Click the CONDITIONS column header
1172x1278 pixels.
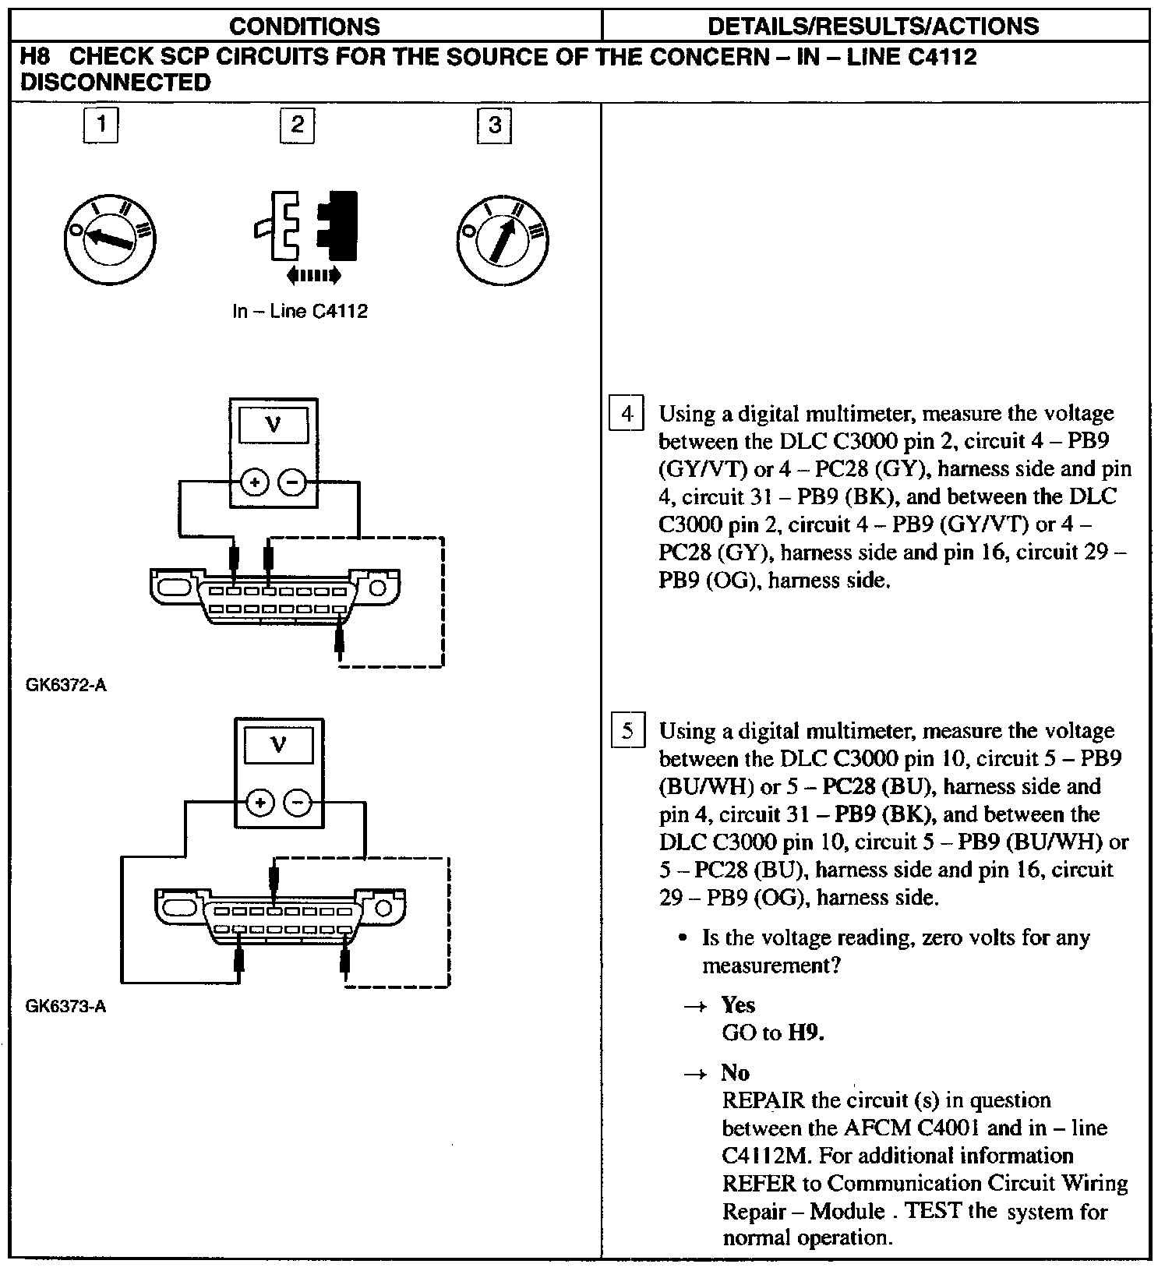coord(305,26)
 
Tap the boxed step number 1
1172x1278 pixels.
coord(101,125)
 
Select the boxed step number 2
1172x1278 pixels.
coord(297,125)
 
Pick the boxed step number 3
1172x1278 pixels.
coord(494,125)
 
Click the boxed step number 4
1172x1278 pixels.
coord(627,414)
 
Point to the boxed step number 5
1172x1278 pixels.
coord(627,732)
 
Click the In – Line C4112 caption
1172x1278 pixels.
coord(300,312)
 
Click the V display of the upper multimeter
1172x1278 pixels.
coord(274,425)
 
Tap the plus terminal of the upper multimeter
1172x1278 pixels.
coord(254,483)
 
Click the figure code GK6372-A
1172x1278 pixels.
coord(66,686)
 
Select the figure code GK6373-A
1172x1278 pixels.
coord(66,1007)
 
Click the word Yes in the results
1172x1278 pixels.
coord(738,1004)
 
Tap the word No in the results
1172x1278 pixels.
coord(735,1073)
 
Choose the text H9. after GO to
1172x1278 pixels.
coord(807,1033)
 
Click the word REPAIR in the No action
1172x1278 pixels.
coord(763,1100)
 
